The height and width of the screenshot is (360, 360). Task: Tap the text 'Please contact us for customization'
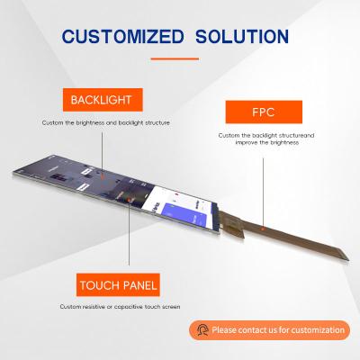[x=278, y=330]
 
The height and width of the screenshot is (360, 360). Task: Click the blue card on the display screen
[x=202, y=208]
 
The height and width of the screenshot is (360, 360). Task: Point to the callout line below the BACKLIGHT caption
[x=101, y=153]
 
